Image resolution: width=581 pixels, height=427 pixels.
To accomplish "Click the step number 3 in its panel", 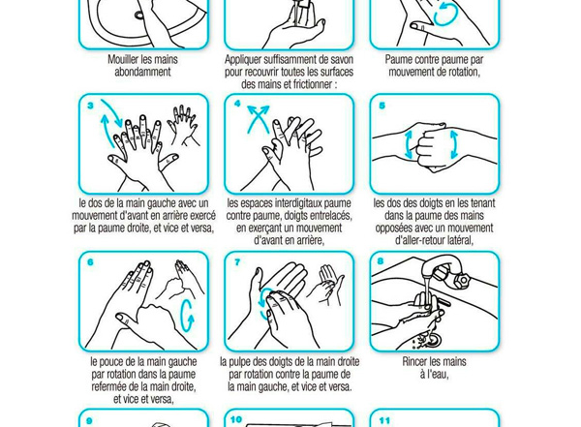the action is click(x=90, y=106).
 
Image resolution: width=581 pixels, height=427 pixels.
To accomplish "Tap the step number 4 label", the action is click(x=237, y=104).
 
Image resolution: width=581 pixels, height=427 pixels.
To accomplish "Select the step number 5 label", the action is click(x=382, y=106).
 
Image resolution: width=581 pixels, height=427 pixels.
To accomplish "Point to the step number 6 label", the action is click(x=90, y=262).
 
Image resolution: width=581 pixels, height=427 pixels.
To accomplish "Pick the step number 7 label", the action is click(x=237, y=262).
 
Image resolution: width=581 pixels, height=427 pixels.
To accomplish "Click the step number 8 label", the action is click(x=381, y=261).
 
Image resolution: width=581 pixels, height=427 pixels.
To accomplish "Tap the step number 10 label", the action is click(x=236, y=419).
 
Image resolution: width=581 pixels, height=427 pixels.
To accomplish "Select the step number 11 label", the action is click(x=384, y=420).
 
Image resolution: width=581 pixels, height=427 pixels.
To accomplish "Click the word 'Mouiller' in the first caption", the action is click(x=122, y=59).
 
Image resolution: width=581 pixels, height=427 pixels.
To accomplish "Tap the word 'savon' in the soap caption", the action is click(x=340, y=59).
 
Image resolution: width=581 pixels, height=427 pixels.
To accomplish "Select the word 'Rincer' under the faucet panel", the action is click(x=416, y=361).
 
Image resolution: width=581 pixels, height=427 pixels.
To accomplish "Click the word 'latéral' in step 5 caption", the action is click(x=459, y=240).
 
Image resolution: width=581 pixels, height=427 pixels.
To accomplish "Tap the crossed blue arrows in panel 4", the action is click(x=259, y=119).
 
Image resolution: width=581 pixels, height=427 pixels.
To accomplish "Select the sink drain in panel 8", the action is click(x=432, y=338).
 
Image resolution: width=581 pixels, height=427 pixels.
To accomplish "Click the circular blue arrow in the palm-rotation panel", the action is click(x=445, y=15).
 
